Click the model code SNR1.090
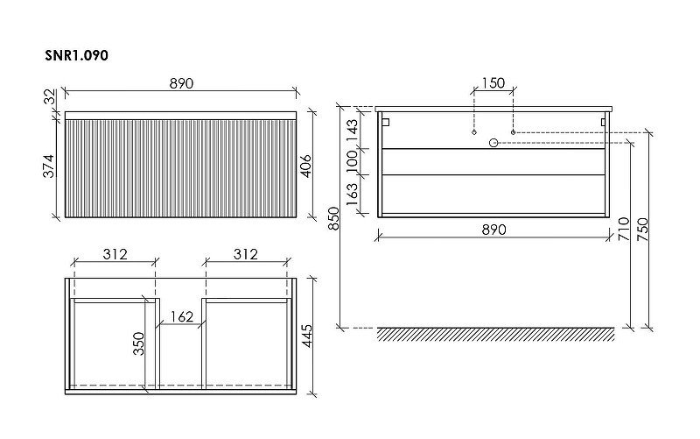click(x=76, y=55)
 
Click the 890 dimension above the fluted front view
click(x=181, y=83)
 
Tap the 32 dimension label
click(x=50, y=96)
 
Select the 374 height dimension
click(x=48, y=166)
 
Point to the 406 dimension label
click(x=305, y=166)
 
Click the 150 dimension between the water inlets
click(x=493, y=83)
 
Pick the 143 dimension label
click(x=353, y=130)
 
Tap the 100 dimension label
click(x=353, y=161)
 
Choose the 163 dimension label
click(x=353, y=194)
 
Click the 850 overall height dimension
click(x=334, y=217)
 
